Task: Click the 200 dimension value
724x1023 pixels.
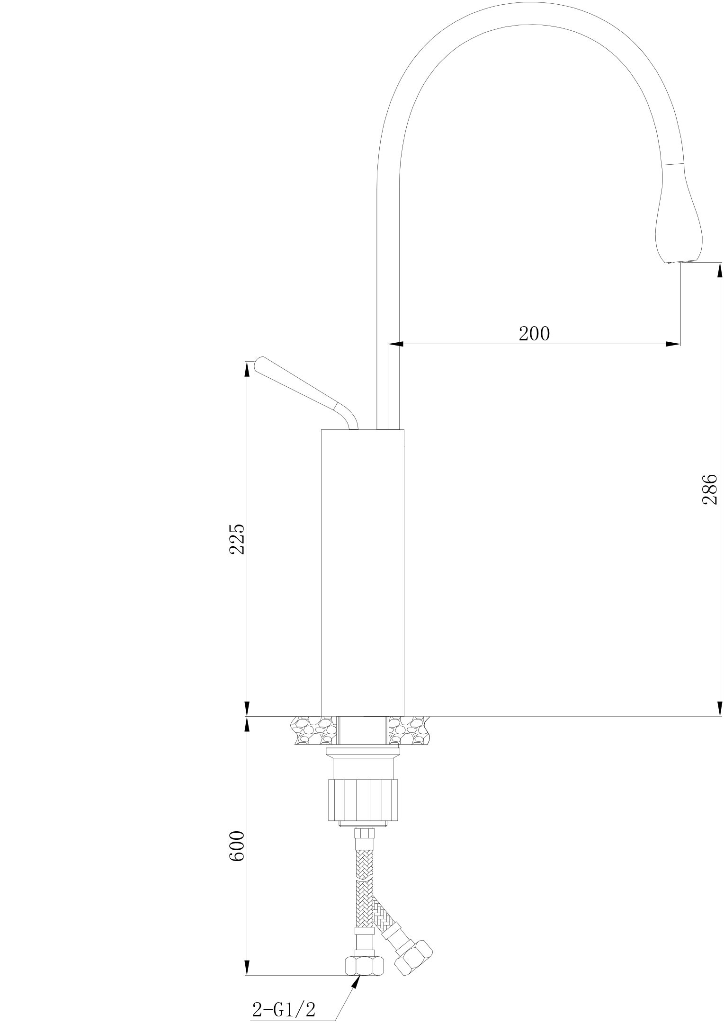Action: click(534, 334)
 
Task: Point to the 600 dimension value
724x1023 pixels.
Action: click(236, 845)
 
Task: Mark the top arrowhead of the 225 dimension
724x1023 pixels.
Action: click(247, 369)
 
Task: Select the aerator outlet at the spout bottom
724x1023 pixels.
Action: click(680, 261)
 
